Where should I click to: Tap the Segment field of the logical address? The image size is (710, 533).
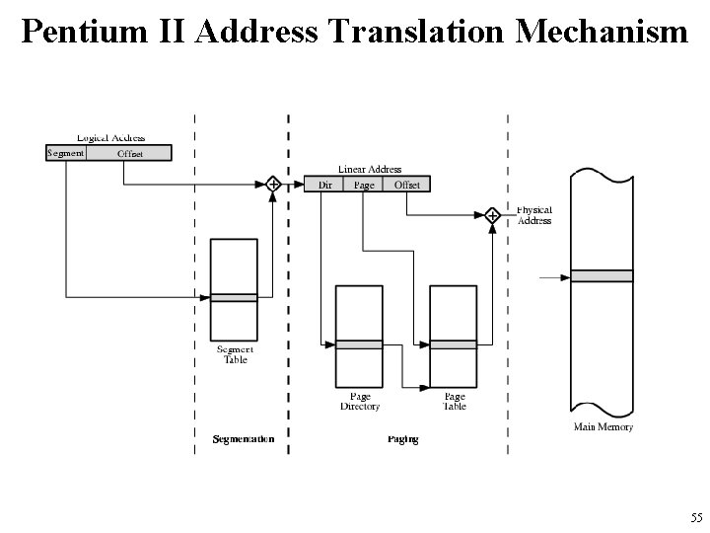(x=66, y=153)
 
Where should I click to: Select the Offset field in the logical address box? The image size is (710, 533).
(x=129, y=153)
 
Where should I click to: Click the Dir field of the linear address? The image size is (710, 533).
(x=324, y=185)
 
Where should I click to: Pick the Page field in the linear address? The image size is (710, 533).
(x=364, y=185)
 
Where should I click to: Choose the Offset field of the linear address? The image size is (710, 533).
(x=406, y=185)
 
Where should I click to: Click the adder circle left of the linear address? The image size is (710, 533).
(x=274, y=184)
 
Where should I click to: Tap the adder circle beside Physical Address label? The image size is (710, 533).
(x=492, y=214)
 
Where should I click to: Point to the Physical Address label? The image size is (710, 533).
(x=534, y=215)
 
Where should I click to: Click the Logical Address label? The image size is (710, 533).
(x=110, y=137)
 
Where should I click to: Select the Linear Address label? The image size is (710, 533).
(x=370, y=170)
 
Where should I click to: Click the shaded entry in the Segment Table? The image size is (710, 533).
(x=234, y=297)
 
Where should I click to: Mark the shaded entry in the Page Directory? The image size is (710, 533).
(x=359, y=343)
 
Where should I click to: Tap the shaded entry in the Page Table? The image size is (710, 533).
(x=454, y=343)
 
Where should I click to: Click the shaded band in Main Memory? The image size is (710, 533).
(x=603, y=276)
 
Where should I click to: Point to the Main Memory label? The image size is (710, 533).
(x=603, y=427)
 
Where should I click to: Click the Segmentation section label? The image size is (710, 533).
(x=244, y=438)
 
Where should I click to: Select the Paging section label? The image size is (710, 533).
(x=402, y=438)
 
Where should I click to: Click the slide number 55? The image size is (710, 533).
(x=696, y=518)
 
